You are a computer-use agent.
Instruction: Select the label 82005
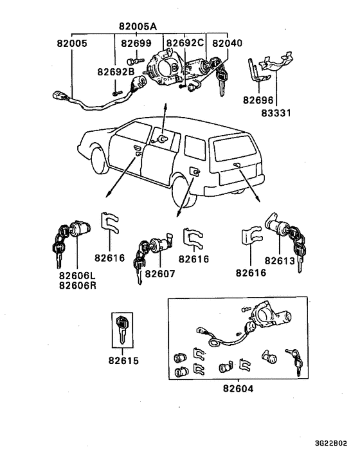(71, 44)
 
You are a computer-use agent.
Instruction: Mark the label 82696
(257, 101)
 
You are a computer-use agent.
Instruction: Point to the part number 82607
(159, 273)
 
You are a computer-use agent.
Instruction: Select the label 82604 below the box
(239, 389)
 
